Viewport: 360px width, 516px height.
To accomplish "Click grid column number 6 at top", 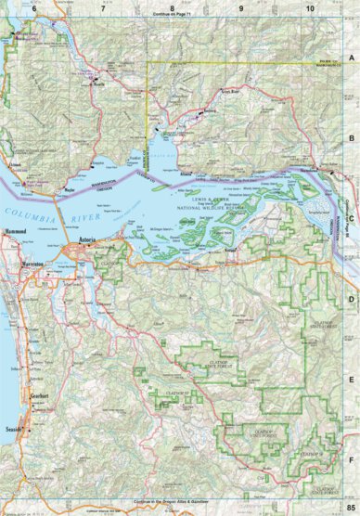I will pyautogui.click(x=34, y=7).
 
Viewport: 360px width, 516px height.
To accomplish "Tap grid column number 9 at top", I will pyautogui.click(x=241, y=7).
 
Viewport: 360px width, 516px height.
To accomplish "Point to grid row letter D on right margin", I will pyautogui.click(x=351, y=299).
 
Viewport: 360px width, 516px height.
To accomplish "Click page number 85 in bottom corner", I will pyautogui.click(x=349, y=501).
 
